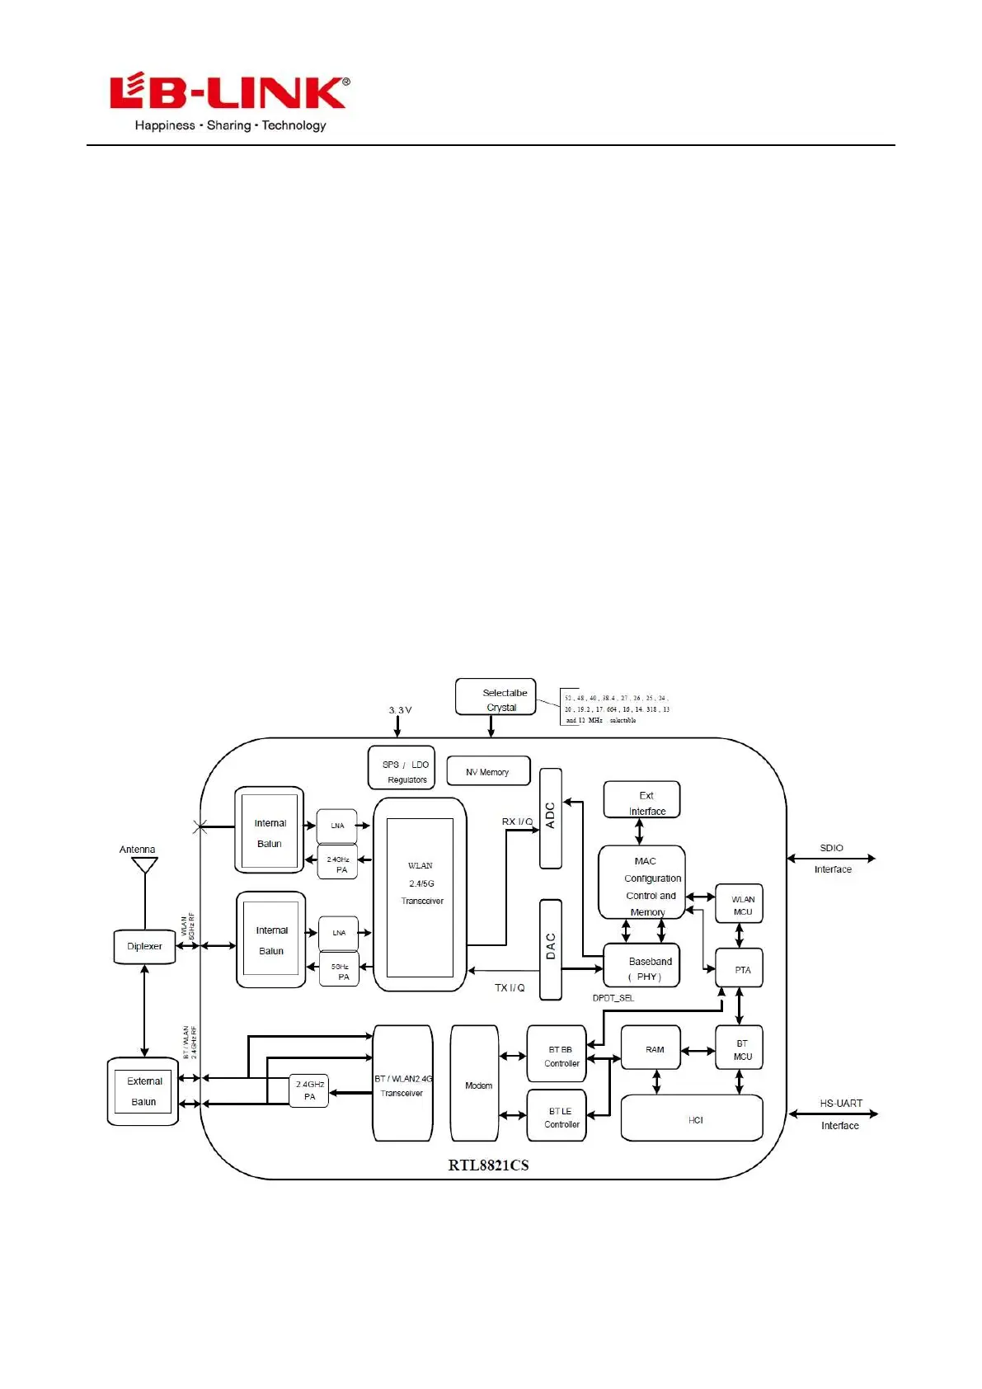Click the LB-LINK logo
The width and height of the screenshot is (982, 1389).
pyautogui.click(x=229, y=102)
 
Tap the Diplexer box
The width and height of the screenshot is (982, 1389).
pyautogui.click(x=144, y=946)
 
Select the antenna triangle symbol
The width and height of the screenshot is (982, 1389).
pyautogui.click(x=145, y=864)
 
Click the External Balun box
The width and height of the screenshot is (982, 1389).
pyautogui.click(x=143, y=1091)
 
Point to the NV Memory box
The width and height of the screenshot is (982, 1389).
pyautogui.click(x=487, y=771)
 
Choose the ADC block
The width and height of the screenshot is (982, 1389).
pyautogui.click(x=551, y=817)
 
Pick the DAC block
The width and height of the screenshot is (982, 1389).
pyautogui.click(x=551, y=949)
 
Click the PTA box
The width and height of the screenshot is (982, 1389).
pyautogui.click(x=739, y=969)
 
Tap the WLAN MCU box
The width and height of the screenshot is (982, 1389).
pyautogui.click(x=739, y=905)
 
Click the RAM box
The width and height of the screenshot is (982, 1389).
pyautogui.click(x=651, y=1048)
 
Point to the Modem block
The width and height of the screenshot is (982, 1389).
pyautogui.click(x=474, y=1083)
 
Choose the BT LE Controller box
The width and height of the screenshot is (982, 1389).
pyautogui.click(x=557, y=1116)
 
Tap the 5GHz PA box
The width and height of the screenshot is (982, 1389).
pyautogui.click(x=339, y=971)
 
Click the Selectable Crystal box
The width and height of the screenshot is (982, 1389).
pyautogui.click(x=496, y=698)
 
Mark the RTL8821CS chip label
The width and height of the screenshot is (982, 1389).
pyautogui.click(x=488, y=1165)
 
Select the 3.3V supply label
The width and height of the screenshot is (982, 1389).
pyautogui.click(x=400, y=709)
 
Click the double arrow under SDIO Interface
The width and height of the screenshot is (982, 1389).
pyautogui.click(x=831, y=859)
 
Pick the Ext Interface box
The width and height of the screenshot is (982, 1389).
pyautogui.click(x=642, y=801)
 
